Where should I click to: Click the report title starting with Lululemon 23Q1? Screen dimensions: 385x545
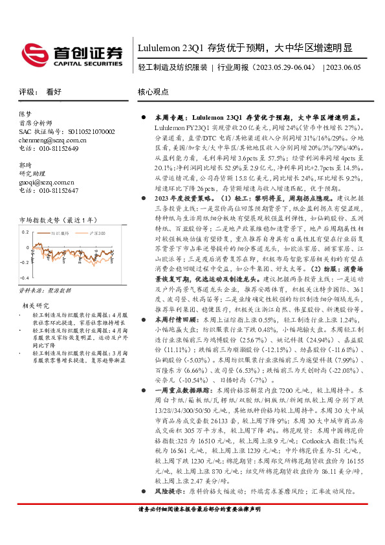pyautogui.click(x=245, y=49)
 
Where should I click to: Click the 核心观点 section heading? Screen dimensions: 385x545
pyautogui.click(x=153, y=92)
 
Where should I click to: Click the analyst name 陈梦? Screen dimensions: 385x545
pyautogui.click(x=25, y=113)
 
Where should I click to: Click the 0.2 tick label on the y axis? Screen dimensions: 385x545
pyautogui.click(x=26, y=231)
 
